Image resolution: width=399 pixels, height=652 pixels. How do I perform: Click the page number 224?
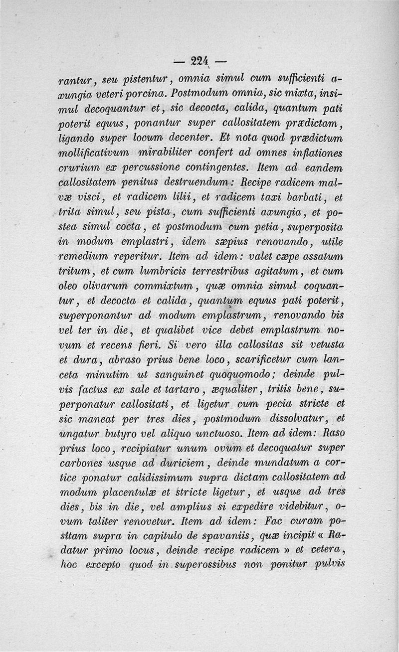pyautogui.click(x=199, y=62)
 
